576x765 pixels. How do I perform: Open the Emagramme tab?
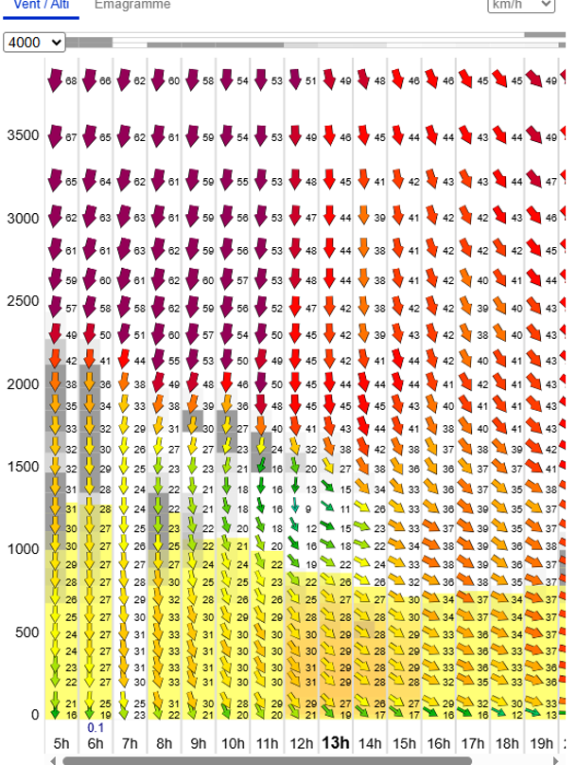click(132, 5)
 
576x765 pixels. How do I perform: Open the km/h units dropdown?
click(520, 5)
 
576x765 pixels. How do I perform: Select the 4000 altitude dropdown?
click(35, 43)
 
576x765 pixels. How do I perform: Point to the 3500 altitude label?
click(23, 135)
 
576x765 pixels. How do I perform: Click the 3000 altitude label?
click(23, 218)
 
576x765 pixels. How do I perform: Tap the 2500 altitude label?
click(23, 301)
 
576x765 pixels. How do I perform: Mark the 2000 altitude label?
click(23, 383)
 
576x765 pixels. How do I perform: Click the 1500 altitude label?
click(23, 467)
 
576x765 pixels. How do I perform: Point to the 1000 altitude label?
click(23, 549)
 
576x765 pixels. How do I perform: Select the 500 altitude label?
click(27, 632)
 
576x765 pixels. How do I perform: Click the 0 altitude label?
click(35, 715)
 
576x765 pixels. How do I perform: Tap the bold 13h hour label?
click(336, 742)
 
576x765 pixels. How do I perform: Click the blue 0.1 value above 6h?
click(96, 727)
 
